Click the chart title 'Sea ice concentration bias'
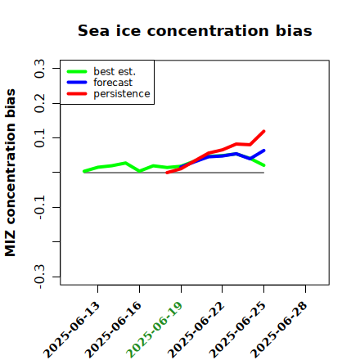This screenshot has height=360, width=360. (x=195, y=30)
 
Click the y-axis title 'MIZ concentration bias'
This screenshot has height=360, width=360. (x=11, y=173)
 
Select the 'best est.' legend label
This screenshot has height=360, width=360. (x=115, y=71)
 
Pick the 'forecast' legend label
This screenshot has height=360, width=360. (x=113, y=83)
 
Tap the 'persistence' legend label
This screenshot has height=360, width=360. (x=122, y=94)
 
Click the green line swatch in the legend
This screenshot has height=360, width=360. (x=77, y=71)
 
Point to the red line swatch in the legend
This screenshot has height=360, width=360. (x=77, y=94)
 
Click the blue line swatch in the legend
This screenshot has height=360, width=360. (x=77, y=83)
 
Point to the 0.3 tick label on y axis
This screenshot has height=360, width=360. (x=39, y=69)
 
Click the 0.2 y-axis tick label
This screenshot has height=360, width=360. (x=39, y=103)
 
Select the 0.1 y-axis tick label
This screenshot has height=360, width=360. (x=39, y=138)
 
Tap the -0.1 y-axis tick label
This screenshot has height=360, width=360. (x=39, y=208)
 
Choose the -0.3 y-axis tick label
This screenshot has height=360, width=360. (x=39, y=277)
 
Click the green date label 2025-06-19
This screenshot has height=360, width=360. (x=154, y=330)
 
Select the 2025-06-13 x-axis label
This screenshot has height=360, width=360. (x=71, y=330)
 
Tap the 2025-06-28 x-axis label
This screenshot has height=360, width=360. (x=279, y=330)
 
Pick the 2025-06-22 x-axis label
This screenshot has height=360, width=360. (x=196, y=330)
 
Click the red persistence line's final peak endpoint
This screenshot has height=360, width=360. (x=264, y=132)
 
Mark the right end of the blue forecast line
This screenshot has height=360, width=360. (x=264, y=151)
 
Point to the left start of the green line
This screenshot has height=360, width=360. (x=84, y=171)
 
